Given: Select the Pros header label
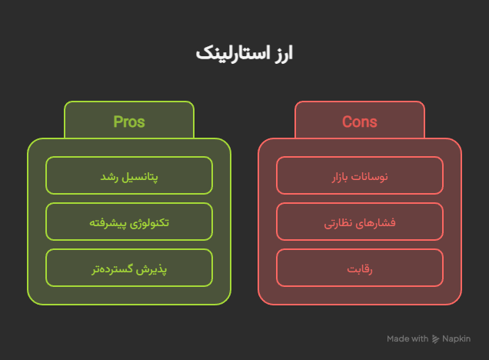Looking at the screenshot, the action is point(129,122).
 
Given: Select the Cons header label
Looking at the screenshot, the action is point(360,122).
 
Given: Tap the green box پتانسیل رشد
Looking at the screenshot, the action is point(129,175).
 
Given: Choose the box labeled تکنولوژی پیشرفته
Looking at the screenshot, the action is point(129,222).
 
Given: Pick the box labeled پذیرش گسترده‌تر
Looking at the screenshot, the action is point(129,268).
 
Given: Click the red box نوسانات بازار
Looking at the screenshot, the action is point(360,175).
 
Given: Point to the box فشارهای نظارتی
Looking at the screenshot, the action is point(360,222).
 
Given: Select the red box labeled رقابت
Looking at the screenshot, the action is point(360,268).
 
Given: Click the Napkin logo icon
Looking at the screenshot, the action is point(435,339).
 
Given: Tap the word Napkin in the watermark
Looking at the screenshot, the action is point(456,338).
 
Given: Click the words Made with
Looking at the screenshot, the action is point(407,338).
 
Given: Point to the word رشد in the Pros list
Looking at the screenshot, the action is point(109,177).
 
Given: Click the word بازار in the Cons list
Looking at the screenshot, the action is point(340,177).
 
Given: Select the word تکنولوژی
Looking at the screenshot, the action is point(149,223).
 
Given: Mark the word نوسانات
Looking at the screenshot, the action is point(370,177).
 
